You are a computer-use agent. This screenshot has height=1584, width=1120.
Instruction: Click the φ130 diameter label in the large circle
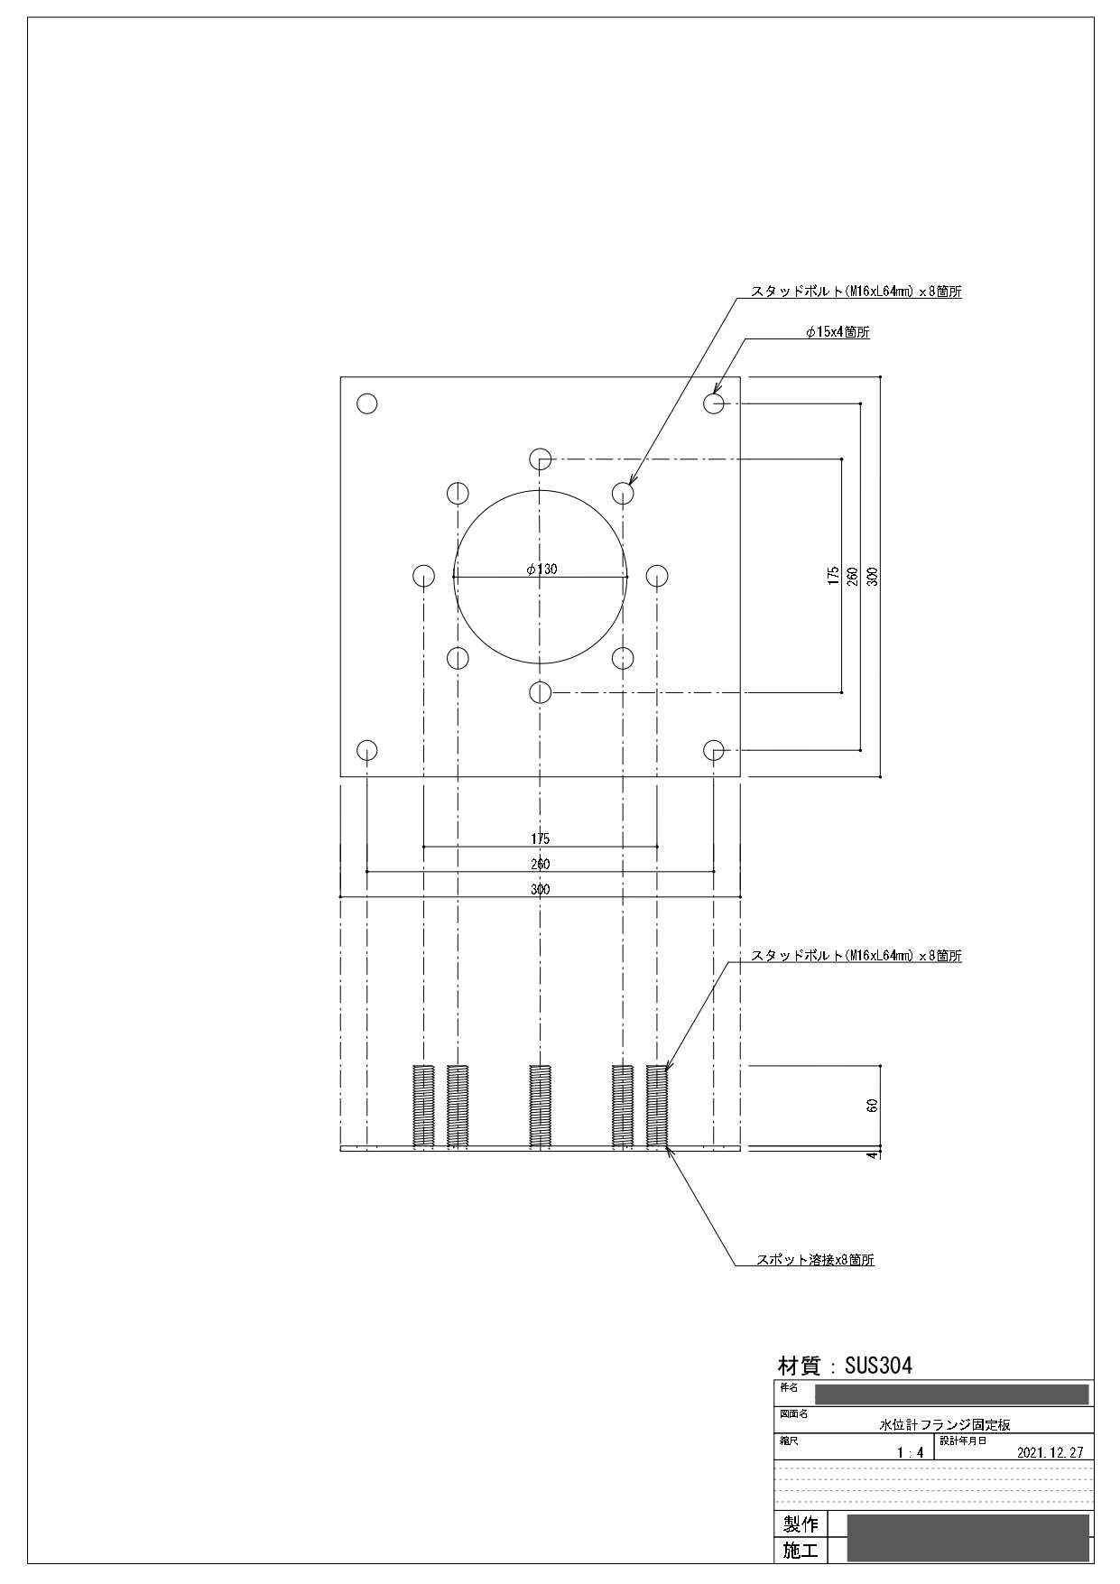541,569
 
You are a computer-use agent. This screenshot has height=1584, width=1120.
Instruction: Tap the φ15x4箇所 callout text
838,332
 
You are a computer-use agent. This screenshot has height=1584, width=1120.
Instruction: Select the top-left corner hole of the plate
367,403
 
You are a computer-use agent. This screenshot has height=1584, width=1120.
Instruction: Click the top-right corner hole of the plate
714,403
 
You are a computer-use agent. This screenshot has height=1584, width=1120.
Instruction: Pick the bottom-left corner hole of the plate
367,750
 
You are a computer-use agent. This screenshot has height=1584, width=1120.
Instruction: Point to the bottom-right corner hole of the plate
714,750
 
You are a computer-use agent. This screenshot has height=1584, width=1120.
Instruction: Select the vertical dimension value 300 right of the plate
872,576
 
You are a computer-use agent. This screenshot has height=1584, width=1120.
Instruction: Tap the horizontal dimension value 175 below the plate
540,839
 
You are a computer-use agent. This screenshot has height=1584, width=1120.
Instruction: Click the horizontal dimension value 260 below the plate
540,865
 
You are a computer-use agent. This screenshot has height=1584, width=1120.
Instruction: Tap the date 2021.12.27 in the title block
1050,1453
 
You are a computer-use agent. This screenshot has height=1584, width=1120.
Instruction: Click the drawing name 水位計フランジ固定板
945,1425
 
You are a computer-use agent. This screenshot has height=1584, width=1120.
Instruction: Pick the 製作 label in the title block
801,1524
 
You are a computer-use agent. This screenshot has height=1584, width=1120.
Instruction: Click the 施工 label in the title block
801,1552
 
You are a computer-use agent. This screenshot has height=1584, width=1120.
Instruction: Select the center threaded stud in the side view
540,1107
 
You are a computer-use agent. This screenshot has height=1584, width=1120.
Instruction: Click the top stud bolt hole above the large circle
541,458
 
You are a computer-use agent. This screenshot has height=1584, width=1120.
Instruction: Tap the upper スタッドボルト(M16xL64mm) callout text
856,292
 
